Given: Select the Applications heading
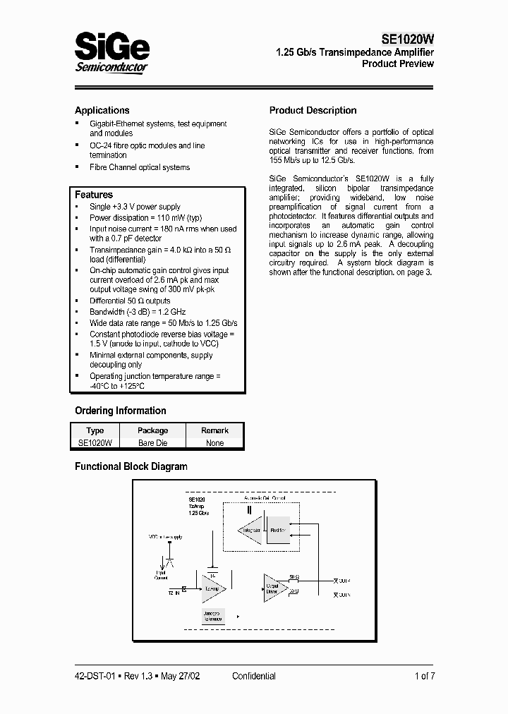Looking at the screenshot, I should [102, 110].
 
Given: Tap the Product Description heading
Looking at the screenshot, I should [313, 110].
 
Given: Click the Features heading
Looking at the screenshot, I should [94, 195].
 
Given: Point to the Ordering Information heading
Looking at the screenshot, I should [121, 411].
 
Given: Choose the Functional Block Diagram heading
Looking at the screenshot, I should [131, 466].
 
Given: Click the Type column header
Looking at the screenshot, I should [95, 430].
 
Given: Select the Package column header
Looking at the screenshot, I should [152, 430].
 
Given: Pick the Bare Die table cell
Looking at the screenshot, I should [152, 443].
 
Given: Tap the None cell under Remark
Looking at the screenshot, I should [214, 443].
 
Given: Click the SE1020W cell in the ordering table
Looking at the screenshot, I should [95, 443].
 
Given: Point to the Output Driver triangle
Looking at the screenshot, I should [274, 587].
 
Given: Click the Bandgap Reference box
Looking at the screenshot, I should [213, 616].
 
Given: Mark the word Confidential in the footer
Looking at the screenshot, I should [254, 676].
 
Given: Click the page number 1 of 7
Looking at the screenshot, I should [425, 676].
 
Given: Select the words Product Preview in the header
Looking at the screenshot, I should [398, 64].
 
